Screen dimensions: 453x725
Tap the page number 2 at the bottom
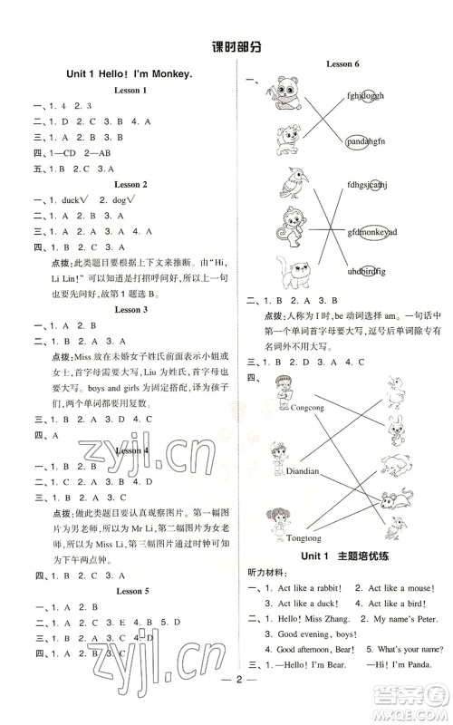pos(226,704)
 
